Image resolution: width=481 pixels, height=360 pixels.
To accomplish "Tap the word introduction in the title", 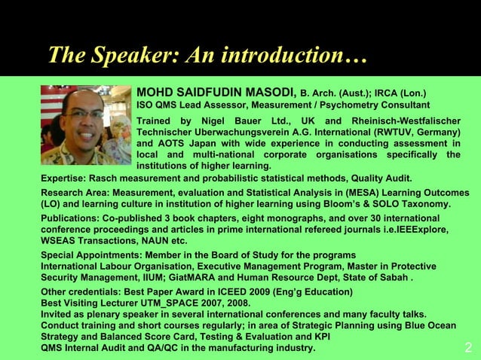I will pos(283,55).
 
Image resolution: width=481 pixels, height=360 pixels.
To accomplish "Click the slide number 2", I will pos(468,347).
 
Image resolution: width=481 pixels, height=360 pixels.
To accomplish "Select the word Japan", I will pos(204,144).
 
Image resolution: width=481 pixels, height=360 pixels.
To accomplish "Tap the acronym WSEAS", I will pos(60,241).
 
